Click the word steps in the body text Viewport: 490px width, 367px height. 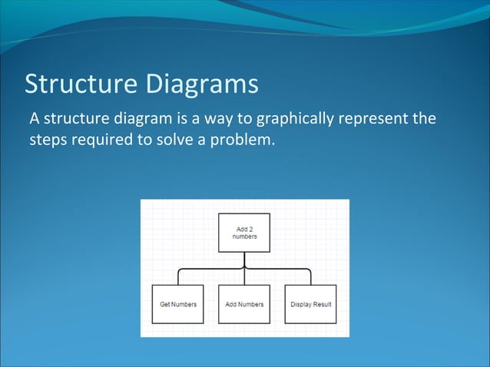[x=48, y=141]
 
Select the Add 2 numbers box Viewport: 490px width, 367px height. [x=244, y=233]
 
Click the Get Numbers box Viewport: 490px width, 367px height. [x=178, y=304]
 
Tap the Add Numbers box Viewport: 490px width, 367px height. [x=244, y=304]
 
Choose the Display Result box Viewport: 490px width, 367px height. [x=311, y=304]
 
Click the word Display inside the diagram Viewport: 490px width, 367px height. [x=301, y=305]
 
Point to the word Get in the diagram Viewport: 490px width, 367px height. [x=165, y=305]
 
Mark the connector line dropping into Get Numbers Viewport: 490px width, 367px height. [x=178, y=278]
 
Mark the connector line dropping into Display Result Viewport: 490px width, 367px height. [x=311, y=278]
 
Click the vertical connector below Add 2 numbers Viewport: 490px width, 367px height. [x=244, y=260]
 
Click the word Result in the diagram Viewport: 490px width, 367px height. [x=322, y=305]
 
